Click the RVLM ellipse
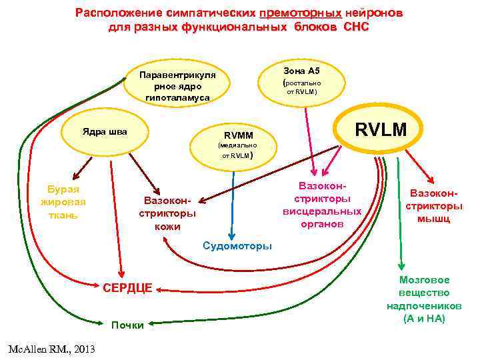(380, 129)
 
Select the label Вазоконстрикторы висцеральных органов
(322, 203)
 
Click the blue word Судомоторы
(237, 246)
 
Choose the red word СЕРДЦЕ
(127, 288)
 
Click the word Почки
(127, 325)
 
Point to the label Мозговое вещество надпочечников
(424, 299)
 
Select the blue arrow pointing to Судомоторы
(231, 200)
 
